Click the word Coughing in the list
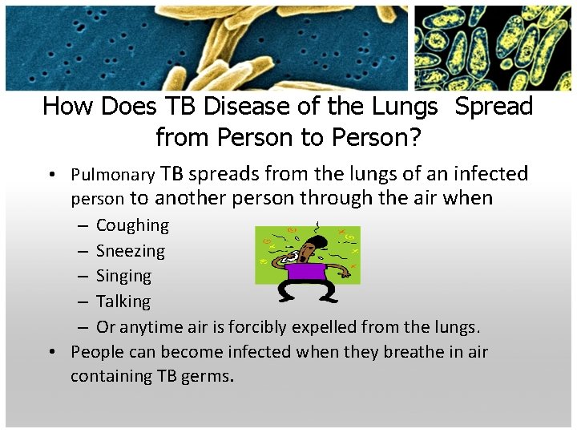132,225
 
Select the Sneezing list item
130,251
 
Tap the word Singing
123,276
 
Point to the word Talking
123,301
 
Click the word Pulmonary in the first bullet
112,174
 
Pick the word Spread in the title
494,107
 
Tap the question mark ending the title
414,137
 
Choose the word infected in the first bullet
490,174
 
